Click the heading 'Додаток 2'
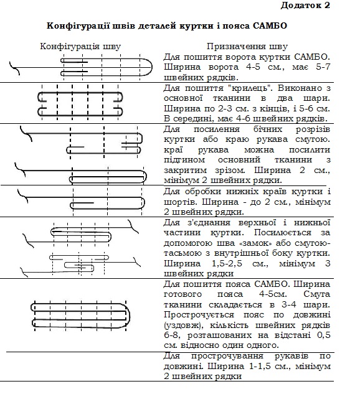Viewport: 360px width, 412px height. [305, 5]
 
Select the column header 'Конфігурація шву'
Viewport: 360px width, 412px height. [80, 47]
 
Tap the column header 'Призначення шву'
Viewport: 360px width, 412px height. [247, 47]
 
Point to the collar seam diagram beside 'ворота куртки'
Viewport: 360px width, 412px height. [81, 67]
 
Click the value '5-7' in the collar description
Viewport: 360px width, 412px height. [323, 67]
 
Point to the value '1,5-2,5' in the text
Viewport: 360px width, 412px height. [227, 263]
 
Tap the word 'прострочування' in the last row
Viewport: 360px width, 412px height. [227, 356]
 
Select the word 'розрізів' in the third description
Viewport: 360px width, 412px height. [313, 129]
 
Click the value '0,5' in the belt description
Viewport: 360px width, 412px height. [323, 335]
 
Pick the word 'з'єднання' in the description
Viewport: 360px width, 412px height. [209, 223]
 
